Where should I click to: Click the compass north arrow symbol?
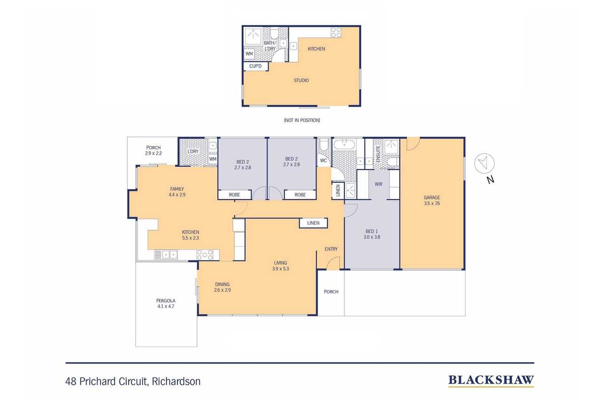point(484,163)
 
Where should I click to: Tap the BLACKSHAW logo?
point(491,381)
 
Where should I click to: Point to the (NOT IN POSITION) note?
point(302,120)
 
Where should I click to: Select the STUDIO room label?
point(301,80)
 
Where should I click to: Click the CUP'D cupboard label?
point(255,66)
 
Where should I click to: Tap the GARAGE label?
point(432,197)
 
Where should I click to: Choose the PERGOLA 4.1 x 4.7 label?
point(166,304)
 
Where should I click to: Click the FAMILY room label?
point(177,189)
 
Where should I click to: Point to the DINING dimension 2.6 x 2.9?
point(222,290)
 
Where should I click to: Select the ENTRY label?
point(331,249)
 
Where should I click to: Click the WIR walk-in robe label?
point(379,184)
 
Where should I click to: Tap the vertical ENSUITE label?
point(378,154)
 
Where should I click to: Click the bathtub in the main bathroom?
point(344,144)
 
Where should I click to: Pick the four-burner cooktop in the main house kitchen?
point(205,255)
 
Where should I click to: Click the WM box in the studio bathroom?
point(249,54)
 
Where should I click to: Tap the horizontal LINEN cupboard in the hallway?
point(313,223)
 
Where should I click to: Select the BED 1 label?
point(372,231)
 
